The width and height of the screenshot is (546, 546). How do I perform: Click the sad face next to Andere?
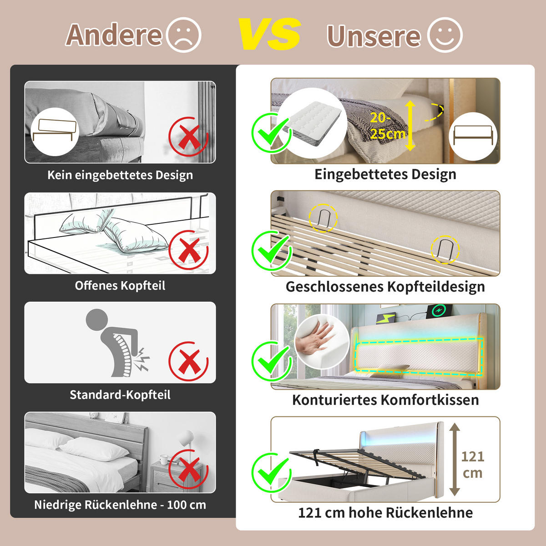184,35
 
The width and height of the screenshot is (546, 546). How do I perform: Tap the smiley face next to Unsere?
444,35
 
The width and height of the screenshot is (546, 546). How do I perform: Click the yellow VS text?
269,35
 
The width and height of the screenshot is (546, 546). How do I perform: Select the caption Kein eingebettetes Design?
120,175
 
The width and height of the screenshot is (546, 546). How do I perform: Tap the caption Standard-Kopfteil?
120,394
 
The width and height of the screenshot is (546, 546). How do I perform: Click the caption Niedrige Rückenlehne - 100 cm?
120,505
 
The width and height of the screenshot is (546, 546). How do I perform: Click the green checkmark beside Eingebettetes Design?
272,132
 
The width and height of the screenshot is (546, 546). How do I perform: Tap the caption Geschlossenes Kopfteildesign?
385,287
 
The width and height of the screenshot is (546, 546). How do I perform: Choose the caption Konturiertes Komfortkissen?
385,400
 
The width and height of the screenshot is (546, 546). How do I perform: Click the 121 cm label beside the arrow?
473,465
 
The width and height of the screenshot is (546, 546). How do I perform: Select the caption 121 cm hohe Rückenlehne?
385,513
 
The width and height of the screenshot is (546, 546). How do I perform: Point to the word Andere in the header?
114,35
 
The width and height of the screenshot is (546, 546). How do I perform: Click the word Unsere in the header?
374,36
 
